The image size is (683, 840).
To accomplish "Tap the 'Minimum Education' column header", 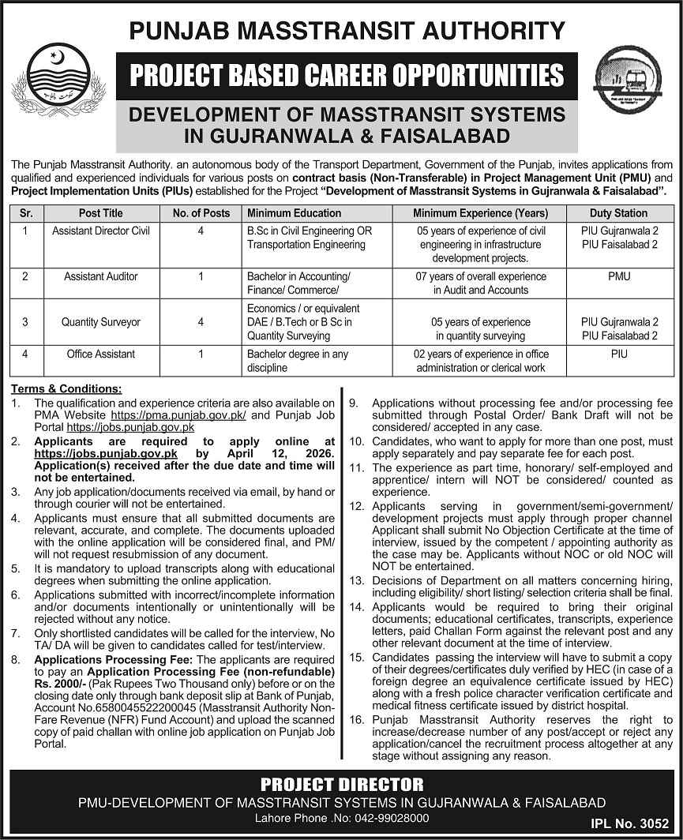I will tap(294, 213).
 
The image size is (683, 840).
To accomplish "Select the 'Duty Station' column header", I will tap(619, 213).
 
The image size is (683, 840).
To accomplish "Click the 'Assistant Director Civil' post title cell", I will tap(100, 231).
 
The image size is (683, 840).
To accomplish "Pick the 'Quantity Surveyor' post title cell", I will tap(100, 322).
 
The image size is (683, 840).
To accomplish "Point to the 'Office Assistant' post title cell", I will tap(100, 354).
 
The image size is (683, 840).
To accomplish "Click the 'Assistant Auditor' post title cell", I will tap(100, 277).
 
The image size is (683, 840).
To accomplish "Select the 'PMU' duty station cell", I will tap(619, 277).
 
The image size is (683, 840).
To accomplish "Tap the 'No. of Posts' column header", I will tap(201, 213).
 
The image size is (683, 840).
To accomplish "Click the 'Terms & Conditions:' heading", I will tap(67, 389).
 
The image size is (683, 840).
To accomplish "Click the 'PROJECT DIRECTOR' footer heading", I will tap(341, 784).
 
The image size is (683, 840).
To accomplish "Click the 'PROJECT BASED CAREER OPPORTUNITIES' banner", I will tap(341, 76).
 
